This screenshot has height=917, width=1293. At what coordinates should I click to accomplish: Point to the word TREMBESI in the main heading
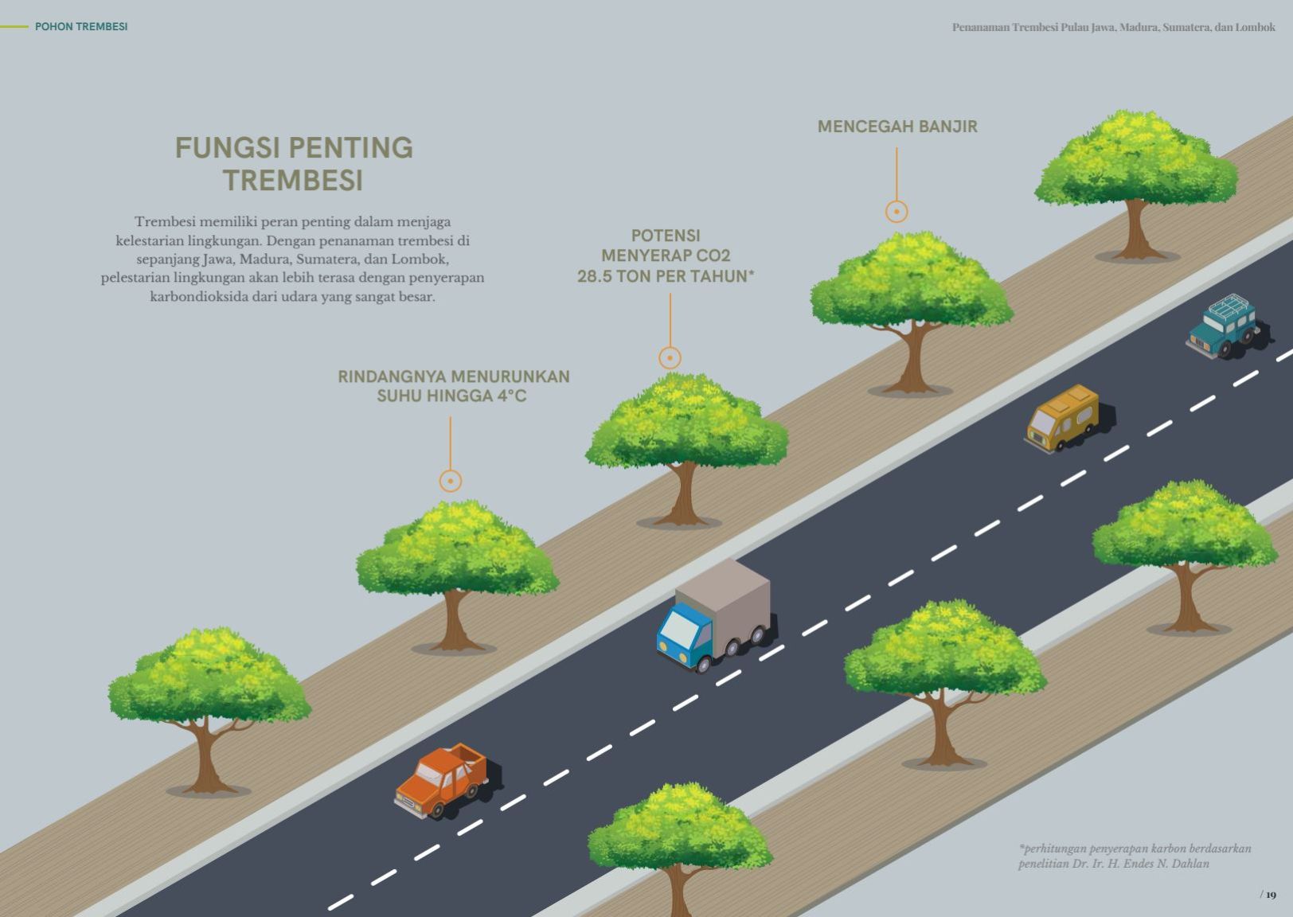click(x=293, y=180)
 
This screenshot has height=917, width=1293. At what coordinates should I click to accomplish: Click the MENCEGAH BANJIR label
click(x=897, y=127)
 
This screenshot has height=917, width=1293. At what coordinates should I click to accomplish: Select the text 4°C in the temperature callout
click(x=512, y=396)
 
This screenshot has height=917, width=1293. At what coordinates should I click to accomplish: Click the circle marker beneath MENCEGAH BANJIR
click(x=897, y=211)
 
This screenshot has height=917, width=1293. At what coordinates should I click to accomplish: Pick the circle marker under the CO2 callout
click(x=670, y=357)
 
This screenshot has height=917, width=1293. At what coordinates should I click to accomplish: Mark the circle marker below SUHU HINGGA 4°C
click(x=451, y=481)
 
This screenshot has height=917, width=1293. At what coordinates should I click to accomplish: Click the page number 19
click(x=1271, y=895)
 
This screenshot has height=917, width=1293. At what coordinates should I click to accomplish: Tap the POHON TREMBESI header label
click(x=81, y=26)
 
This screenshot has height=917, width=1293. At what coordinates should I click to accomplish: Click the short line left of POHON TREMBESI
click(x=14, y=26)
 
